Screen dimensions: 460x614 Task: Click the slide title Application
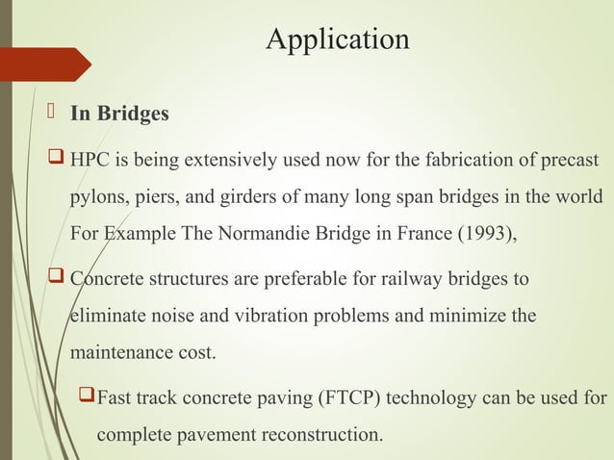pyautogui.click(x=337, y=39)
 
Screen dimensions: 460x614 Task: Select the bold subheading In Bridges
pyautogui.click(x=119, y=115)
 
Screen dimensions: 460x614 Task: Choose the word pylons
pyautogui.click(x=95, y=195)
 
